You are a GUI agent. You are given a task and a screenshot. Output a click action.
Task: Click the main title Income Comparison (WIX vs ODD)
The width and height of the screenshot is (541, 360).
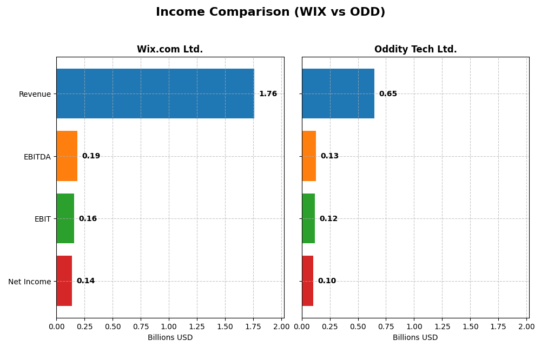270,12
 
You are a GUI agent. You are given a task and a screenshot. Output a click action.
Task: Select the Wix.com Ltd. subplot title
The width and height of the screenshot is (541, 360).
170,50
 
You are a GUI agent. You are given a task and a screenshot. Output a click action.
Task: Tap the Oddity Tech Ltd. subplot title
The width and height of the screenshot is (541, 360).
415,50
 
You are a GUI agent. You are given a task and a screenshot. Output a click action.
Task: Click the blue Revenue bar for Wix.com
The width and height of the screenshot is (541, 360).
155,94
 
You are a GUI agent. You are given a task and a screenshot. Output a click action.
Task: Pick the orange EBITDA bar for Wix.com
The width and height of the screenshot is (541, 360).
67,156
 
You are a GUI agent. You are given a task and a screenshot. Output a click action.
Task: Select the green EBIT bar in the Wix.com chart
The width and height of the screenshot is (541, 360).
65,218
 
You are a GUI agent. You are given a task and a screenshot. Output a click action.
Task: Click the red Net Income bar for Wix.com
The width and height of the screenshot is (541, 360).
64,281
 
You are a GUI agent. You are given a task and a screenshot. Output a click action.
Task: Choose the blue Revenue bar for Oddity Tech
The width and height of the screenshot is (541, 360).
338,94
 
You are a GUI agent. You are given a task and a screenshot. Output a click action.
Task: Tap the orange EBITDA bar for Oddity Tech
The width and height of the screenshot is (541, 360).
309,156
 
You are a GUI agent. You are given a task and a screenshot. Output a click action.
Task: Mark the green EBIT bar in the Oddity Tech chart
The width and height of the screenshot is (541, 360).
308,218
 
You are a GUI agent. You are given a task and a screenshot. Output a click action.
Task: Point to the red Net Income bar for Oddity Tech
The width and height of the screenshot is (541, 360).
307,281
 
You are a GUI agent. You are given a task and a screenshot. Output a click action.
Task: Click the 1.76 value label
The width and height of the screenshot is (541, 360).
268,94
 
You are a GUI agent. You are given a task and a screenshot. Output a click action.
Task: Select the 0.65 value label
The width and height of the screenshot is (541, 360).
388,94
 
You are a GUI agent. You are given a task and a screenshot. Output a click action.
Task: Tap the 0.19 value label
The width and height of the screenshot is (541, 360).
91,156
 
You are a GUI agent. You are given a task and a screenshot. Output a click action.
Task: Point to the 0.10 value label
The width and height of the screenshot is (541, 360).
327,281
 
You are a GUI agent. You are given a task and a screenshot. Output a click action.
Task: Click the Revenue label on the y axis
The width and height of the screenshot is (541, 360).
35,94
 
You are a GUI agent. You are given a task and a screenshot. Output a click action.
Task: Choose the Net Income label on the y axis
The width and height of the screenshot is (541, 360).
29,282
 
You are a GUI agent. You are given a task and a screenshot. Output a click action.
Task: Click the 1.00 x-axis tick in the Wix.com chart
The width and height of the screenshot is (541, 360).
169,326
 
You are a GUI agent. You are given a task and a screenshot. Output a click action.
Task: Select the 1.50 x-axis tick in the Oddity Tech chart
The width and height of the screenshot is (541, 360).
470,326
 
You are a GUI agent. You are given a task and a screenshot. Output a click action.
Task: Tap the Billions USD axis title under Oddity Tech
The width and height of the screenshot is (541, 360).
415,338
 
